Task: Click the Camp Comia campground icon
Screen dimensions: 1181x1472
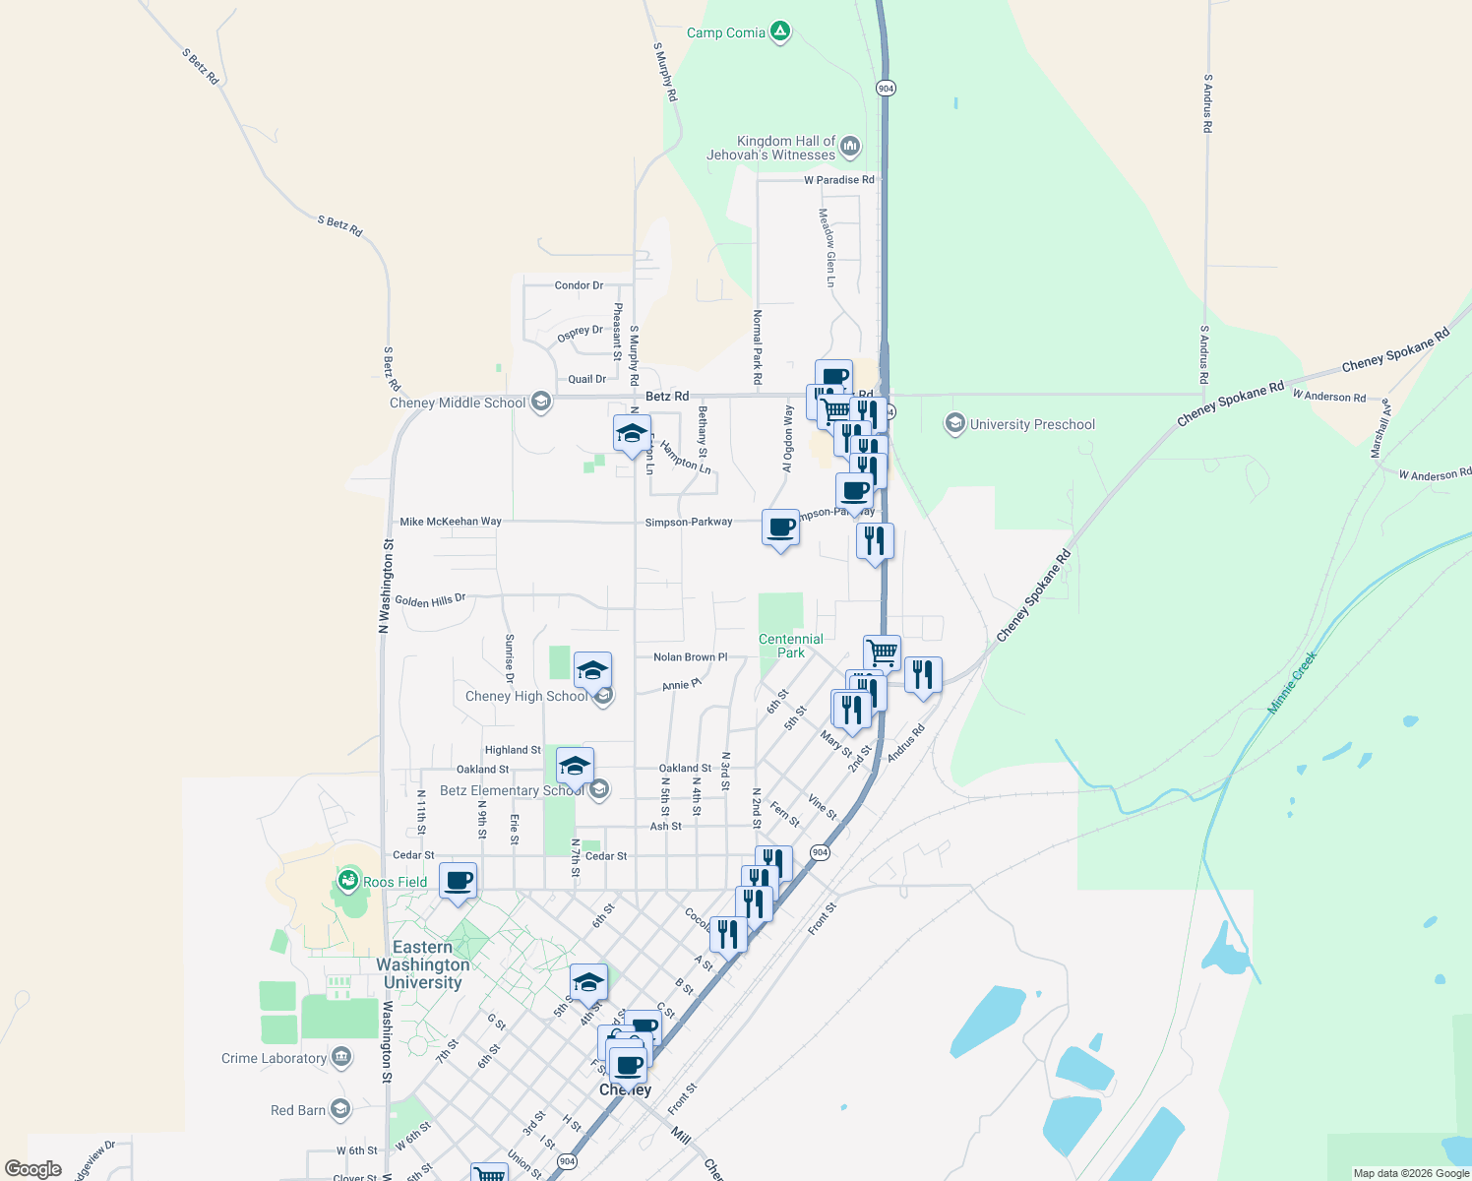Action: (780, 32)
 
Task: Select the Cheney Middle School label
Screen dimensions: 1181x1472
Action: (458, 403)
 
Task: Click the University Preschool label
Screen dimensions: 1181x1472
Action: (1032, 424)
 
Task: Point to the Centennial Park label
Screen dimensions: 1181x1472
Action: (791, 646)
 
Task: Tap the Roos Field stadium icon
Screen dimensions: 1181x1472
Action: (347, 881)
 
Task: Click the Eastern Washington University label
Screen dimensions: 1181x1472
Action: (423, 964)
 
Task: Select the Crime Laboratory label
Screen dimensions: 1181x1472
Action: (274, 1058)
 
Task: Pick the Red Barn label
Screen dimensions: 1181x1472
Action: (298, 1110)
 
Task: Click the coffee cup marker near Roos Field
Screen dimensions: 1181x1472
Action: (458, 880)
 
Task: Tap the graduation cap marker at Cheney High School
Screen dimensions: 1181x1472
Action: (592, 670)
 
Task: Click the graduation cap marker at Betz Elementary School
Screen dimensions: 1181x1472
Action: (575, 766)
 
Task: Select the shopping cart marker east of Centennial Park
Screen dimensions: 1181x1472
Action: (882, 652)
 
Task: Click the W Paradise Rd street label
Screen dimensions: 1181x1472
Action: (838, 180)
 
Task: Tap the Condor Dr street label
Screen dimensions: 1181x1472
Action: (579, 285)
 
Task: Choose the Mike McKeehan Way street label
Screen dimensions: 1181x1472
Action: (451, 522)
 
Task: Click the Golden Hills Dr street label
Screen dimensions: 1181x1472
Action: (430, 600)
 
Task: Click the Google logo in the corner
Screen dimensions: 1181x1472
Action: (33, 1169)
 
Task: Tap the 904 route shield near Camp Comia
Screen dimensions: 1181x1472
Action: (886, 89)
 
